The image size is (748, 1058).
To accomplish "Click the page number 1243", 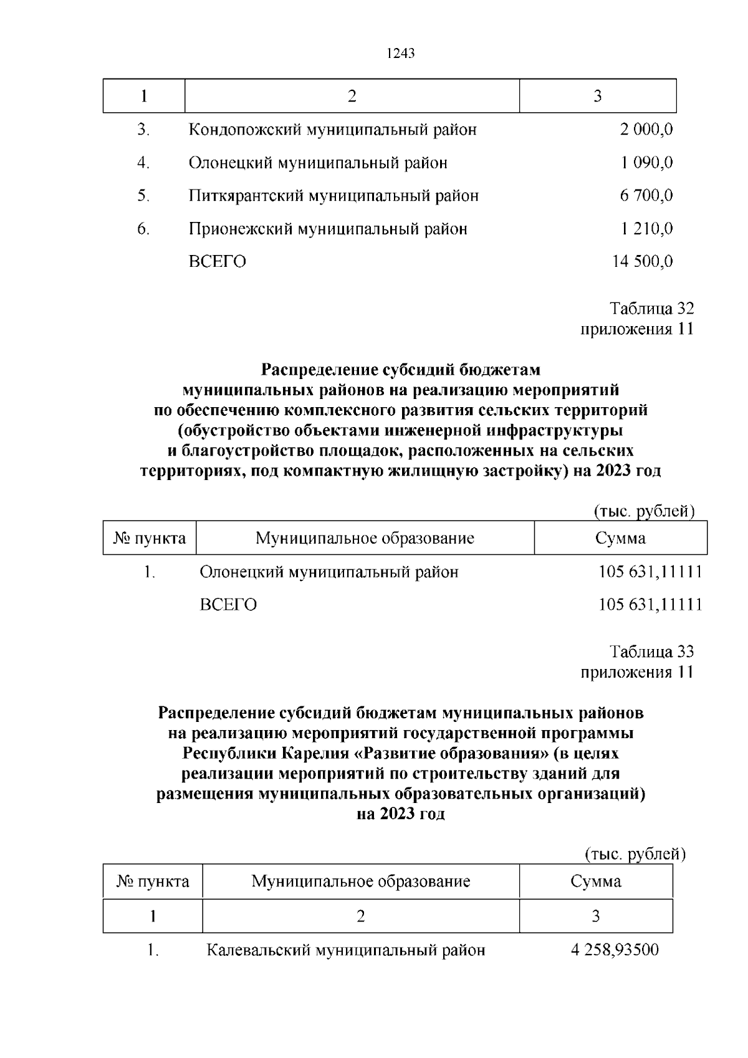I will click(400, 54).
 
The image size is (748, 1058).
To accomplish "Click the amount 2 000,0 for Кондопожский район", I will click(646, 130).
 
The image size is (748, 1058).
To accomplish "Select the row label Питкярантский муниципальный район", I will click(333, 196).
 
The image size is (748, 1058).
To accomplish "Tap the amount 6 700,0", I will click(646, 196).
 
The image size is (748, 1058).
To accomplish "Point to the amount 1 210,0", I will click(646, 229).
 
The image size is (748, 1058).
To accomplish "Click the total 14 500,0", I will click(642, 262).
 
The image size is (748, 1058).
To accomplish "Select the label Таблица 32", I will click(651, 309).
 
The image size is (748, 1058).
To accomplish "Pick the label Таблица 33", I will click(651, 652).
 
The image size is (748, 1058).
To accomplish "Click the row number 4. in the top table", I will click(144, 163).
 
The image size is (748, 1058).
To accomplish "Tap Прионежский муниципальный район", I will click(328, 229).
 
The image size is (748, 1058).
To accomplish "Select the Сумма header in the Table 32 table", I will click(620, 538).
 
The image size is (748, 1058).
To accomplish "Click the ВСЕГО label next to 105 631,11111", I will click(228, 605).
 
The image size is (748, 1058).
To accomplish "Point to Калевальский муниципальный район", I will click(345, 951).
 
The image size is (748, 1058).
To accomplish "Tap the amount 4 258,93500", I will click(614, 951).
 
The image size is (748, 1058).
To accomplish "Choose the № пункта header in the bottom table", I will click(153, 882).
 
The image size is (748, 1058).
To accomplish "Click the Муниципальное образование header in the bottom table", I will click(360, 882).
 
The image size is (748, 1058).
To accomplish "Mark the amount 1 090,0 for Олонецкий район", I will click(646, 163).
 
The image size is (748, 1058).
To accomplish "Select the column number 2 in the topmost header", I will click(352, 96).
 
